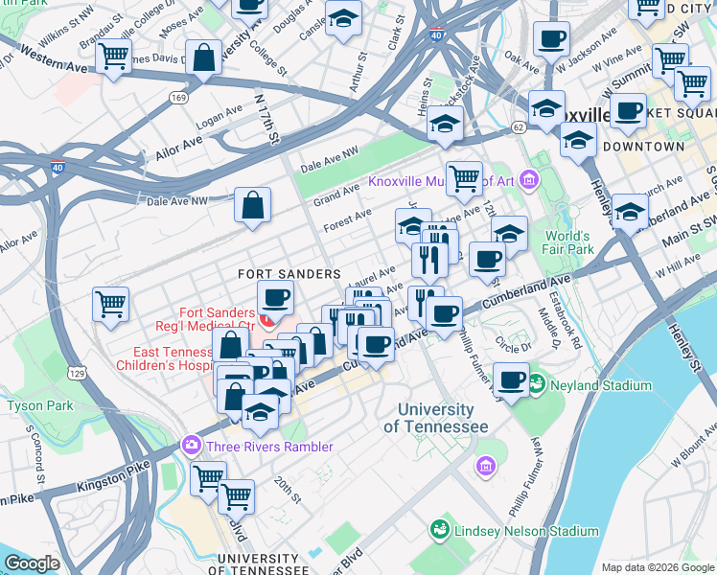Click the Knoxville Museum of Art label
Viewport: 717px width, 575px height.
442,182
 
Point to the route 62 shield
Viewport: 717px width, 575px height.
518,126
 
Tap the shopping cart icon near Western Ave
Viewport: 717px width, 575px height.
113,57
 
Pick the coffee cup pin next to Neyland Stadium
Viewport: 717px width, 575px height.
512,379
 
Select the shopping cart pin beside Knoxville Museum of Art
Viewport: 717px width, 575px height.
464,176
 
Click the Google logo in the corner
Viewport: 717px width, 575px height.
33,563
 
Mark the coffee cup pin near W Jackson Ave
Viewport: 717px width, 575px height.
551,38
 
